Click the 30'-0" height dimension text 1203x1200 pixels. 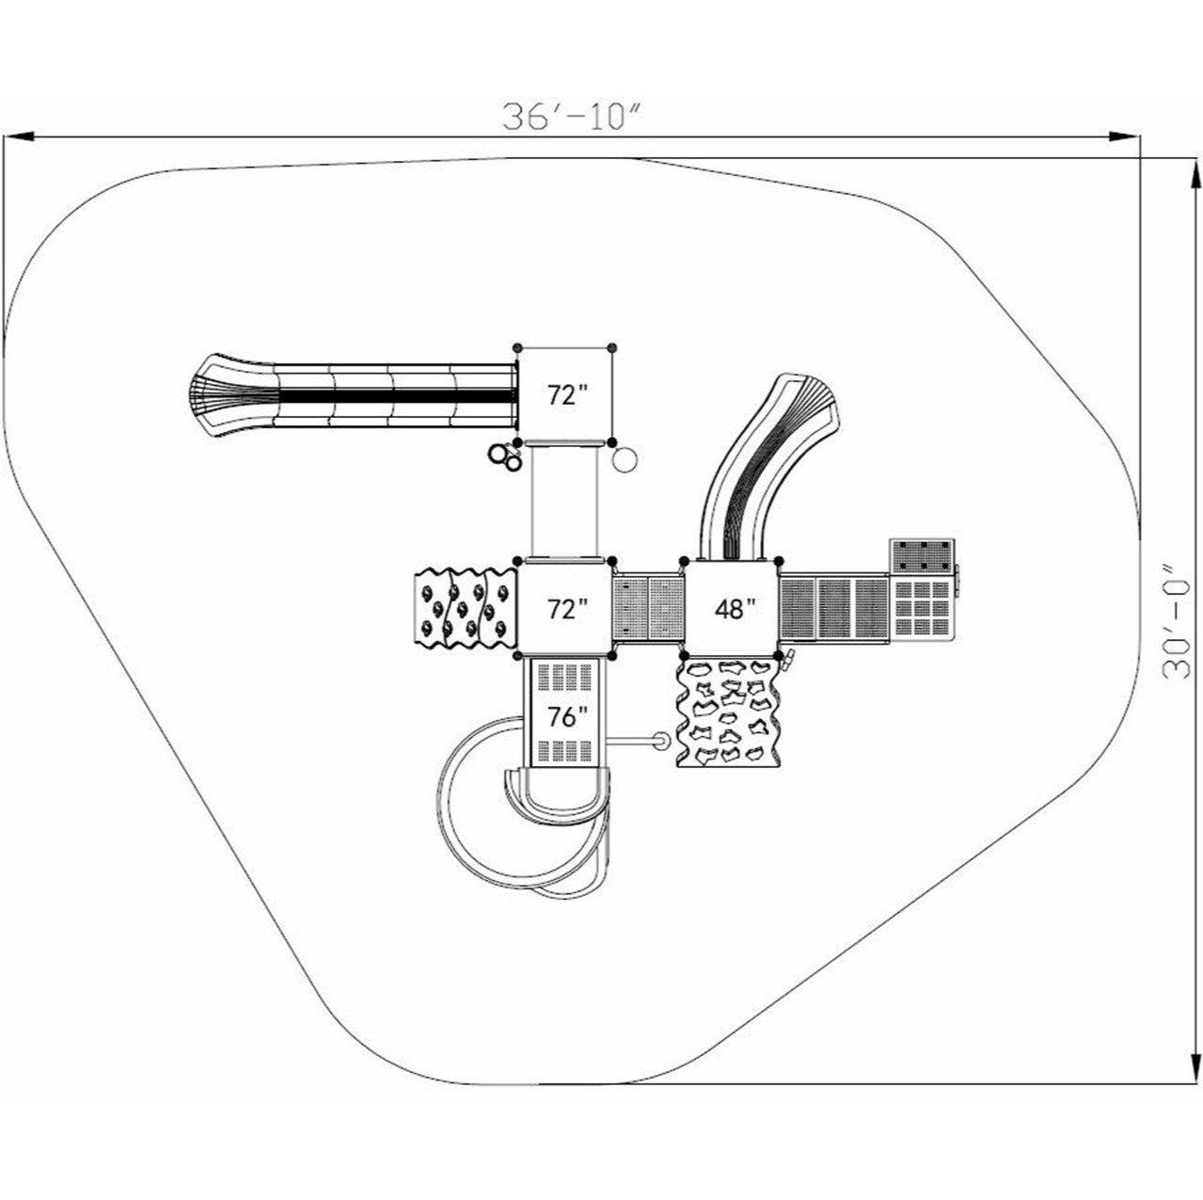click(1177, 621)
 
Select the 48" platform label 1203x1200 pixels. click(735, 609)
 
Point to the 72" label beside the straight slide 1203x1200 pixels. click(566, 395)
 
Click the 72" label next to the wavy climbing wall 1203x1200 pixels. click(566, 609)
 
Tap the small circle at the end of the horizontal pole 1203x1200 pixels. click(661, 742)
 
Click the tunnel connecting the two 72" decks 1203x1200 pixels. click(565, 500)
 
